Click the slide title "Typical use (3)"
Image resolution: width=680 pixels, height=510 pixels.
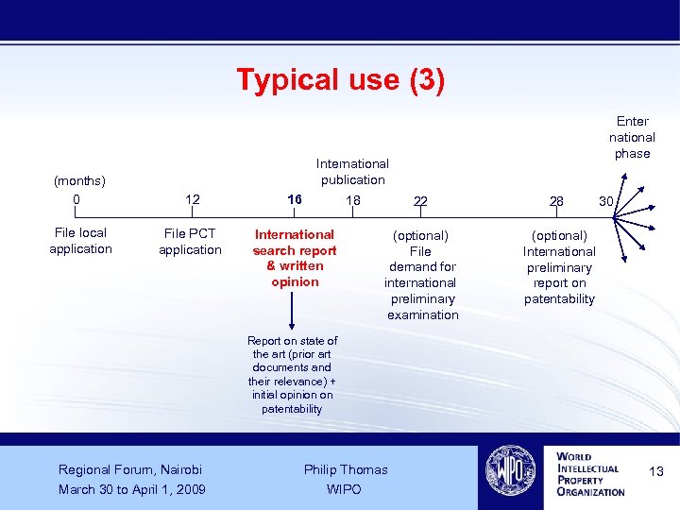click(x=340, y=79)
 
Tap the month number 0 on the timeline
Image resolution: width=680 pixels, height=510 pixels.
click(x=76, y=199)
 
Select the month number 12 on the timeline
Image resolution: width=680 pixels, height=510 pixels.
click(x=192, y=199)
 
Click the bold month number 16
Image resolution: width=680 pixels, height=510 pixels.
click(x=295, y=200)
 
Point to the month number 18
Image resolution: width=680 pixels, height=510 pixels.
click(x=352, y=200)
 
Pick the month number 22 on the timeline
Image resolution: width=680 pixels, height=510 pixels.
click(x=420, y=201)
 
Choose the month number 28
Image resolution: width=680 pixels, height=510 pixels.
click(x=556, y=201)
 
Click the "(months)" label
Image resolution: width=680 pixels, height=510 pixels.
click(x=79, y=180)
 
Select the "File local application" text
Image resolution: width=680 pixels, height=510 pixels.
click(x=80, y=241)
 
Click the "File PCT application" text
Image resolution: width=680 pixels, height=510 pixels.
click(x=190, y=242)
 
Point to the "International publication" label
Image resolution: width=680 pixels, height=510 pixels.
click(x=352, y=171)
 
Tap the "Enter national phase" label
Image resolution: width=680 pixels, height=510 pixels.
click(x=632, y=137)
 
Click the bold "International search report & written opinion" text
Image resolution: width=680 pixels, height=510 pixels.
click(x=295, y=258)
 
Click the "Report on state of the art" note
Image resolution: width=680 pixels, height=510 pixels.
click(x=293, y=375)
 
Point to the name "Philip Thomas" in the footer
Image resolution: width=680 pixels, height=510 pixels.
click(x=346, y=469)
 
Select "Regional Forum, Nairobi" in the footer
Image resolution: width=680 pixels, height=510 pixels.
click(x=130, y=469)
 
